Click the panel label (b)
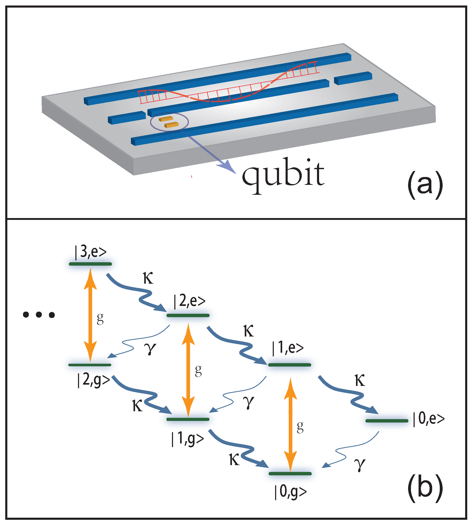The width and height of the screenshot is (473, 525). point(425,488)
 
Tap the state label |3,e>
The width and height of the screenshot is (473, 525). point(91,252)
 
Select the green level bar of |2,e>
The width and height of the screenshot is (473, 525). point(188,315)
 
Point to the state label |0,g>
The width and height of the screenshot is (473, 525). point(290,492)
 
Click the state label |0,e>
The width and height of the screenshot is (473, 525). point(429,419)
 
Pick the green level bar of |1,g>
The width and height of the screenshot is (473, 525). point(188,419)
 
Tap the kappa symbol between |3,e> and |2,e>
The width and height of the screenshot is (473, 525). point(148,278)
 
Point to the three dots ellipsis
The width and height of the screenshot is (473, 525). point(39,315)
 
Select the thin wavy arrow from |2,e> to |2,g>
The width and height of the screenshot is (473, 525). point(136,343)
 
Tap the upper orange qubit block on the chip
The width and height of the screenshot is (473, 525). point(166,119)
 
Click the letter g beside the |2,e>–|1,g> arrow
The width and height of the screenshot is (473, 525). point(198,370)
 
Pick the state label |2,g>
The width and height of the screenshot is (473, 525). point(93,380)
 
